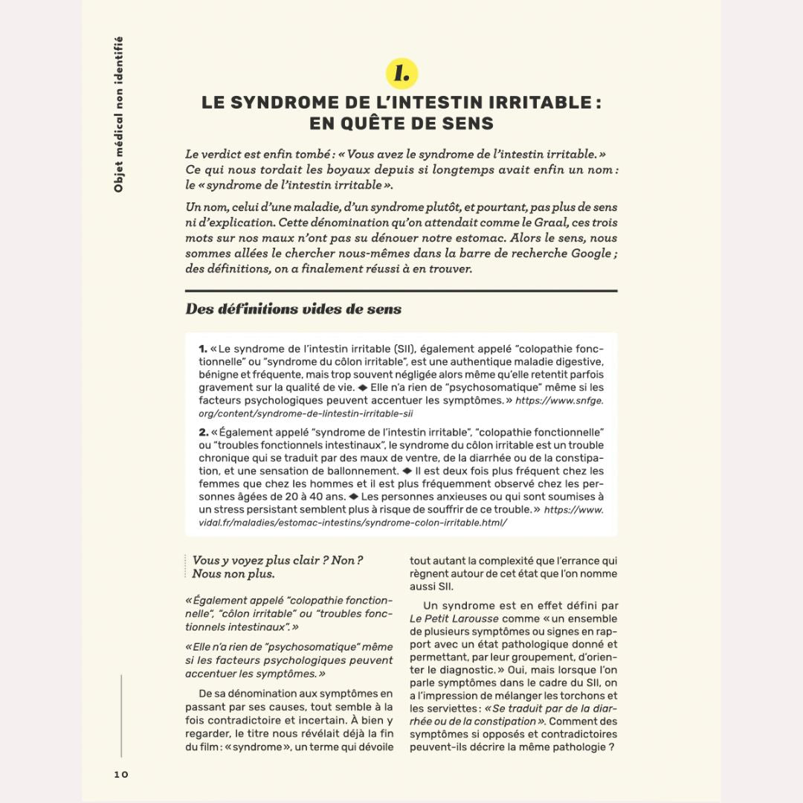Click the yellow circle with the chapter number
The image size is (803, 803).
[401, 74]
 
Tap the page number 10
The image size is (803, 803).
[121, 774]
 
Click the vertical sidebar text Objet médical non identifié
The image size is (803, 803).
[119, 115]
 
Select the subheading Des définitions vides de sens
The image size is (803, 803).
[293, 309]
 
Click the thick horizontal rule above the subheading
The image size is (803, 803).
[401, 291]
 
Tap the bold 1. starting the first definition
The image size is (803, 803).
[203, 348]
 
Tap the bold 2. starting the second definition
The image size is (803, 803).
[203, 432]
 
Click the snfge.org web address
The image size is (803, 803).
[401, 407]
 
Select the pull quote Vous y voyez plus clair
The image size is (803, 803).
[277, 567]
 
